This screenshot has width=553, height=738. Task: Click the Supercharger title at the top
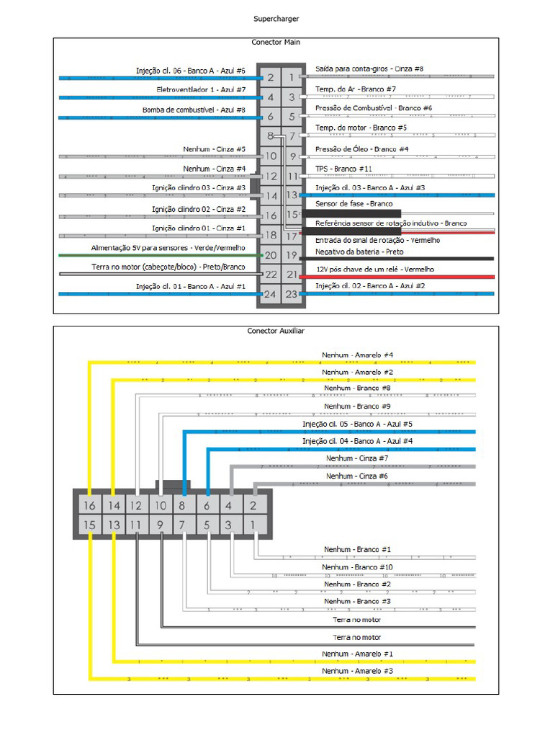tap(276, 19)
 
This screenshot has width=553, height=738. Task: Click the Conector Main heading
tap(276, 43)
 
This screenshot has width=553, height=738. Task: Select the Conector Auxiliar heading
tap(276, 331)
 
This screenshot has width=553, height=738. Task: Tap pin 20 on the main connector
tap(270, 255)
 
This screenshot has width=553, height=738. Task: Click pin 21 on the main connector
tap(292, 275)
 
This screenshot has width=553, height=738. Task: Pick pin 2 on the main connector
tap(270, 77)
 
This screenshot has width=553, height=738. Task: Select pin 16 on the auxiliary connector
tap(89, 506)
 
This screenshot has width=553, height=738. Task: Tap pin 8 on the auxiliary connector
tap(184, 506)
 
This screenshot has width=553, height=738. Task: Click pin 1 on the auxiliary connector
tap(253, 525)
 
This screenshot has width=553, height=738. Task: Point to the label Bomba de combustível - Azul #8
tap(194, 110)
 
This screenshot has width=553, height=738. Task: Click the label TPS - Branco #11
tap(344, 169)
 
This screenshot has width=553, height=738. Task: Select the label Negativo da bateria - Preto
tap(359, 252)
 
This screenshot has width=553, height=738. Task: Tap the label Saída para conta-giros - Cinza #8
tap(369, 69)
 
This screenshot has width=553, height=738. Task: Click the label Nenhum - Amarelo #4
tap(357, 355)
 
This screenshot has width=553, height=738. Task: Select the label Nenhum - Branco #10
tap(358, 567)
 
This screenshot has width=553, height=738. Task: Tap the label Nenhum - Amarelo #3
tap(357, 671)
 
